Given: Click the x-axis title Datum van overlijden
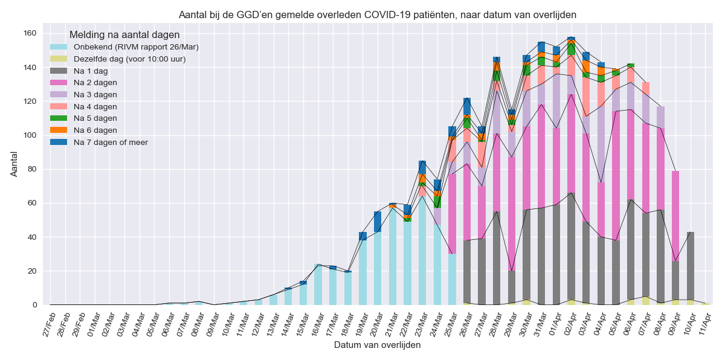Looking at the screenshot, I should point(377,345).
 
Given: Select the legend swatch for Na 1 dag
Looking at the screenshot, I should point(59,71).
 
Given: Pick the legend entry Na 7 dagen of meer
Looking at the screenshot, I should point(111,142).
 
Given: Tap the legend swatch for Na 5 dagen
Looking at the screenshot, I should point(59,118).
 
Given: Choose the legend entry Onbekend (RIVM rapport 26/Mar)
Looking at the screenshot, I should point(136,47).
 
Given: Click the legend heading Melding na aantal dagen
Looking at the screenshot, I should point(124,35).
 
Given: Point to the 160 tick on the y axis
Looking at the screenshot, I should point(30,33).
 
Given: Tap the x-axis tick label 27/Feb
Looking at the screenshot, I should point(48,321).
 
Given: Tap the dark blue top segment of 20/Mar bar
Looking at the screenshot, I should point(378,222).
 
